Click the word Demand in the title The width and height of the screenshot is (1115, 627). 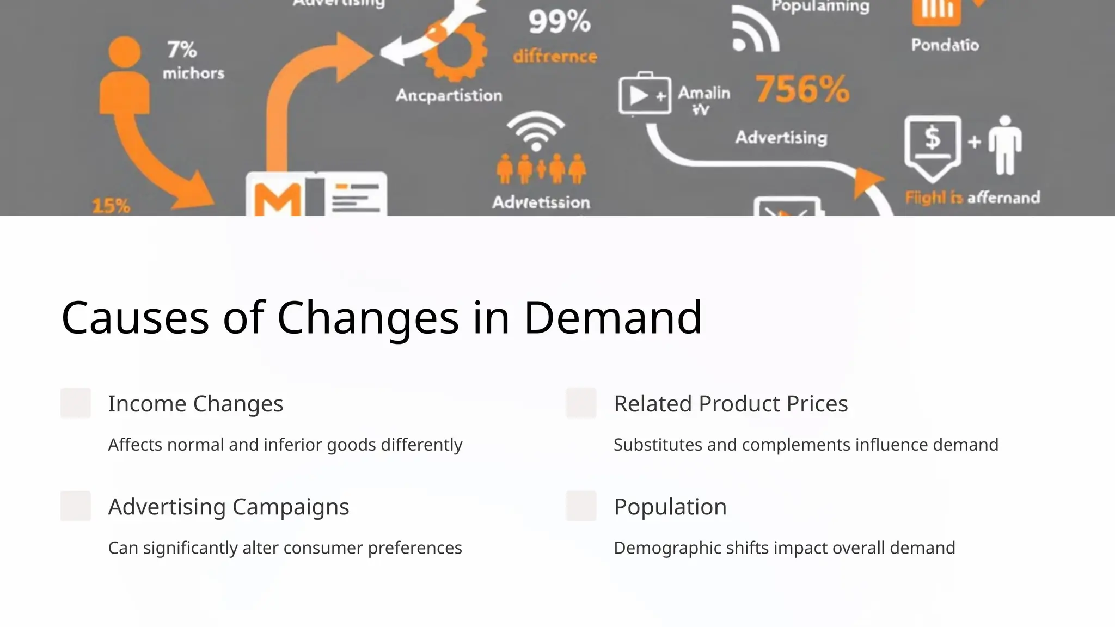coord(612,317)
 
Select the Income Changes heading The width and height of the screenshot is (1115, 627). coord(195,404)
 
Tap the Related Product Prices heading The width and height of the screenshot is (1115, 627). coord(731,404)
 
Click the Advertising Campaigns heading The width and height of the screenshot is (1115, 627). coord(229,507)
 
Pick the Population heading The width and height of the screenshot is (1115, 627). coord(670,507)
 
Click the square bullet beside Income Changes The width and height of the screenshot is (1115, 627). coord(76,403)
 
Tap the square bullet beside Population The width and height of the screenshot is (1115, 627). coord(581,506)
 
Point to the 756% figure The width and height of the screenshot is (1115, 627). coord(802,89)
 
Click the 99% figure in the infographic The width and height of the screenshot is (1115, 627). coord(559,22)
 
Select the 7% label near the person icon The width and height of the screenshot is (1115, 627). coord(182,50)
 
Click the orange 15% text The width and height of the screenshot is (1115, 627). coord(111,206)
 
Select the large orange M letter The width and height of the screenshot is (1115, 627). coord(278,200)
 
